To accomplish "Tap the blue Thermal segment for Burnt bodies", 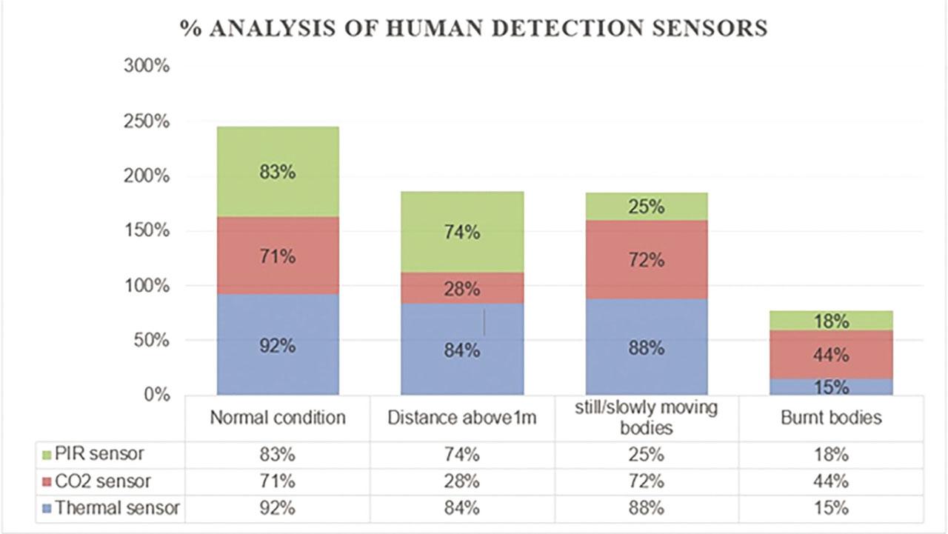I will pos(832,387).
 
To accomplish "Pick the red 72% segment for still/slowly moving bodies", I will pos(647,260).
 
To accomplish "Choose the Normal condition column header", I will pos(278,418).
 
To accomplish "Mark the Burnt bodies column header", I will pos(832,418).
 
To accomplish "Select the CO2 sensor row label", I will pos(103,481).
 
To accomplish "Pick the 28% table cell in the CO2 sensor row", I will pos(462,481).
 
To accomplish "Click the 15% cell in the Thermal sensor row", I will pos(832,509).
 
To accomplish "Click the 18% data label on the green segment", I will pos(832,321).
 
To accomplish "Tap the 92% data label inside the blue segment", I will pos(278,346).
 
